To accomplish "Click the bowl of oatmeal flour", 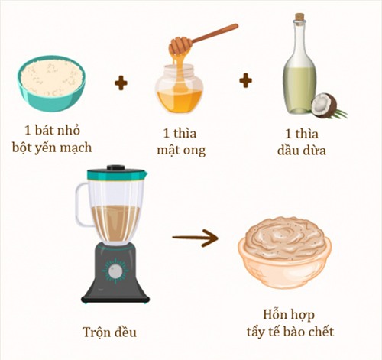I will click(x=53, y=79).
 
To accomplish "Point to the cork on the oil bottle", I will click(x=299, y=17).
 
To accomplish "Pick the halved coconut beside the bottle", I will click(x=325, y=105).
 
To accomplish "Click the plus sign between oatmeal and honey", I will click(x=121, y=82).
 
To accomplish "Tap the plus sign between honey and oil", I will click(x=245, y=80).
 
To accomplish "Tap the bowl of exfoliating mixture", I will click(x=283, y=251).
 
